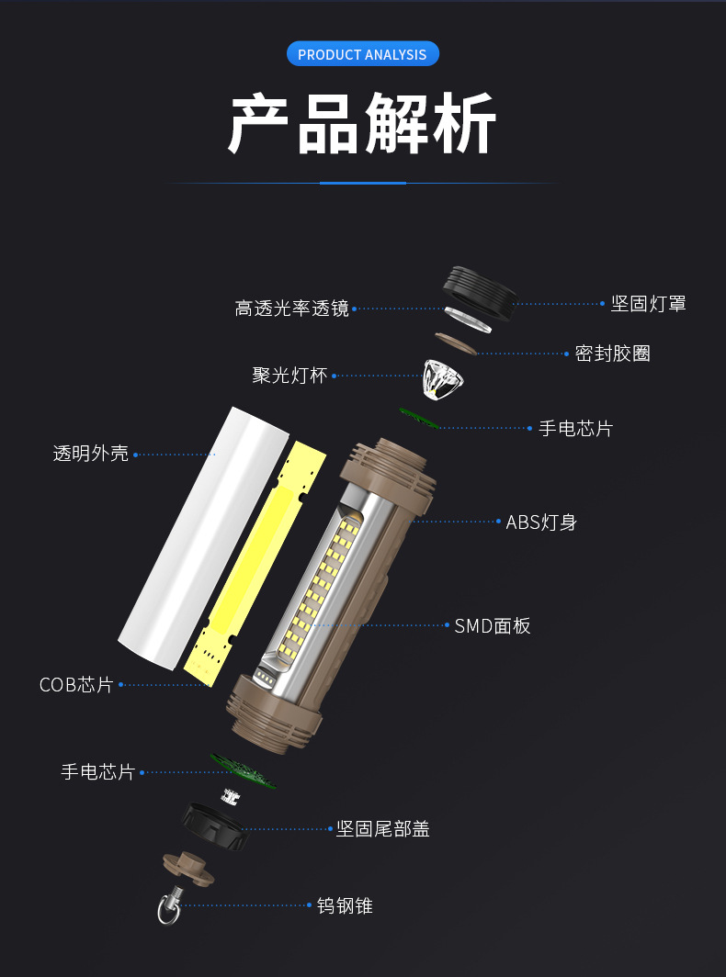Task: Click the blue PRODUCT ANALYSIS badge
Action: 362,54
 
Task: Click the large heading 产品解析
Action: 362,123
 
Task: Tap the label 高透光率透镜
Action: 291,309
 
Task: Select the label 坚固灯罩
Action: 648,304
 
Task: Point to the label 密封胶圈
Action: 612,354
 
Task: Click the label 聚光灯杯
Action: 289,376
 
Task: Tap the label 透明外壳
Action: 91,453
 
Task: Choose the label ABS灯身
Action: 541,522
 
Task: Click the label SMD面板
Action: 493,626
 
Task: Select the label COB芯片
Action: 76,685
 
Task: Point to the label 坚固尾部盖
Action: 382,829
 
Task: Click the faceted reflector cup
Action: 443,376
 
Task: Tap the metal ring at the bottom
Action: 168,910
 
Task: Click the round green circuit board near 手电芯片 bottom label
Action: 244,771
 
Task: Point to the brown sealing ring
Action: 454,343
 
